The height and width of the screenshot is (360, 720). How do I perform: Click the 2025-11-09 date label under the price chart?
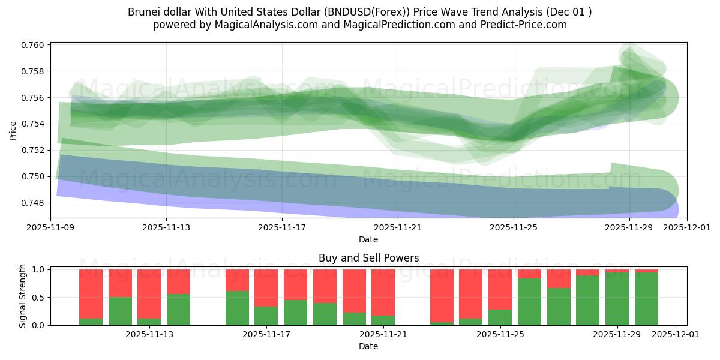click(50, 228)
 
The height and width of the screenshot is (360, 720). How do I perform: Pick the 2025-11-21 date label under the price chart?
click(398, 228)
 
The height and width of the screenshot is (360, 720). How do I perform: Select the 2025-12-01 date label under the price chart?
click(686, 228)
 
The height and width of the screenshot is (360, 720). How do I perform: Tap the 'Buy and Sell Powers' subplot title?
click(368, 258)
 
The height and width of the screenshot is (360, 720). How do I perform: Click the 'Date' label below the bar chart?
click(368, 346)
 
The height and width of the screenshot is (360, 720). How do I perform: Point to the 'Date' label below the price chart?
click(368, 239)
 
